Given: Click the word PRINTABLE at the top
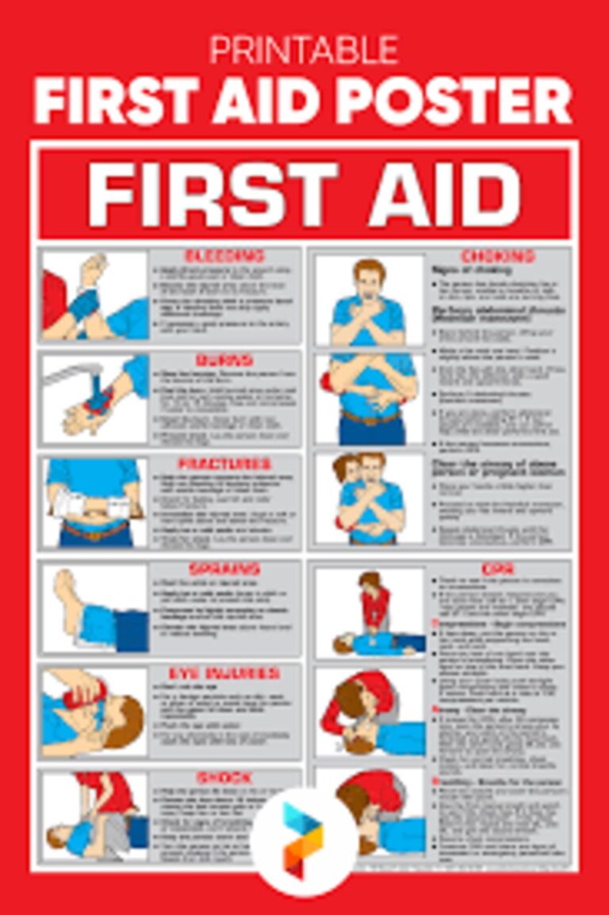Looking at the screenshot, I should click(304, 51).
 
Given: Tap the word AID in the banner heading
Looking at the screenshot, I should click(444, 194).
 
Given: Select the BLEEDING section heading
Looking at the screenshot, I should click(224, 256).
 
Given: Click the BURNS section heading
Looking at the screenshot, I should click(224, 361).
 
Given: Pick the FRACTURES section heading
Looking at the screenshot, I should click(224, 463).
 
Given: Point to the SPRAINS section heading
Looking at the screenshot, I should click(224, 569).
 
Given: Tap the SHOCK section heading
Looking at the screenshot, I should click(224, 778).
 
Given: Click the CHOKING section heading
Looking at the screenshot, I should click(498, 256).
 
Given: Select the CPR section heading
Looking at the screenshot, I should click(498, 569).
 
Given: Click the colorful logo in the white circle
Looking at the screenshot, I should click(304, 841).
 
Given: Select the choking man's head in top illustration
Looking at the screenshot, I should click(369, 275).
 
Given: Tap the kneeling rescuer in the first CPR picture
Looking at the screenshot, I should click(373, 603).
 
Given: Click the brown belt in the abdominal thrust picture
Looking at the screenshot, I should click(370, 417).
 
